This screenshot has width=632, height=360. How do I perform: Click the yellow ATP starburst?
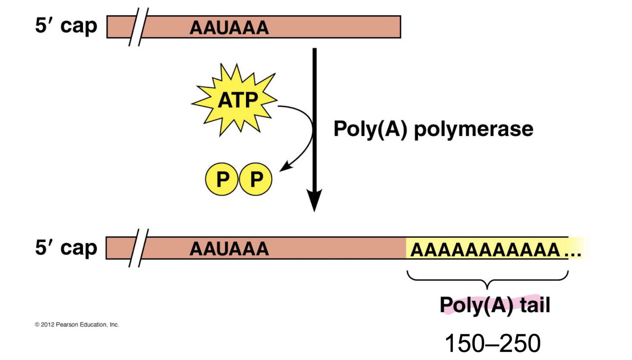(x=235, y=100)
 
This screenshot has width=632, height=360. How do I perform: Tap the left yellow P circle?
(x=222, y=179)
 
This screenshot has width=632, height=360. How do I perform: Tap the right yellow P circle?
(x=256, y=179)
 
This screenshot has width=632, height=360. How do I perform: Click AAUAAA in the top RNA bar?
(x=229, y=28)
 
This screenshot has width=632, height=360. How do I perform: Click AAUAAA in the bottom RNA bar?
(x=229, y=249)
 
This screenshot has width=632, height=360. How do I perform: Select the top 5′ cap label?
(x=66, y=26)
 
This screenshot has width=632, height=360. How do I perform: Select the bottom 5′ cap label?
(x=66, y=248)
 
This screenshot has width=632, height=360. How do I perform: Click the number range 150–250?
(x=492, y=343)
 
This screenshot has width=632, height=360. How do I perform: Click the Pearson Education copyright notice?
(x=76, y=325)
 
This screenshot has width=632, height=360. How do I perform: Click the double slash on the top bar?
(x=138, y=27)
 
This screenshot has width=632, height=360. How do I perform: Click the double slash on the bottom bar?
(x=138, y=248)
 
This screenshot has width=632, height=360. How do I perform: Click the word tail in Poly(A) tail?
(x=535, y=305)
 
